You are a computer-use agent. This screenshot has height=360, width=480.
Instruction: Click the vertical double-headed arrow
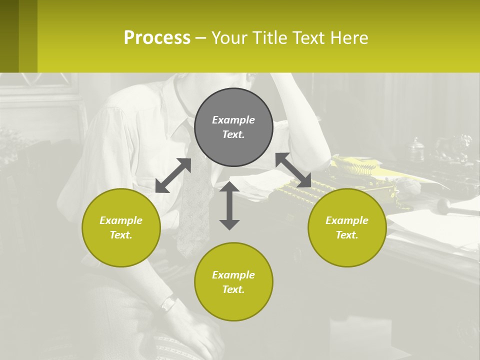[229, 205]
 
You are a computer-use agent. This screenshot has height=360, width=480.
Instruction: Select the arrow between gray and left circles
[173, 175]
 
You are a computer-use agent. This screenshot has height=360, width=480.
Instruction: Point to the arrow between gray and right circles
[293, 170]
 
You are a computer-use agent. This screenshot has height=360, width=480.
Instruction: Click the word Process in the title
[157, 37]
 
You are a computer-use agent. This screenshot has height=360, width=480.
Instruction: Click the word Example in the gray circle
[233, 120]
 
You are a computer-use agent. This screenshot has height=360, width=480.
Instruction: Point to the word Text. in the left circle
[121, 235]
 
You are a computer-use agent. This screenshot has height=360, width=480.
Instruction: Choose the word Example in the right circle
[347, 220]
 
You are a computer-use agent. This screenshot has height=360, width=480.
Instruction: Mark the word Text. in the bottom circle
[233, 289]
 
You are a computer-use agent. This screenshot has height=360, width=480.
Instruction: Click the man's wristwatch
[169, 303]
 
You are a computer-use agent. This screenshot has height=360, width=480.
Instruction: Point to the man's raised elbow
[320, 150]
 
